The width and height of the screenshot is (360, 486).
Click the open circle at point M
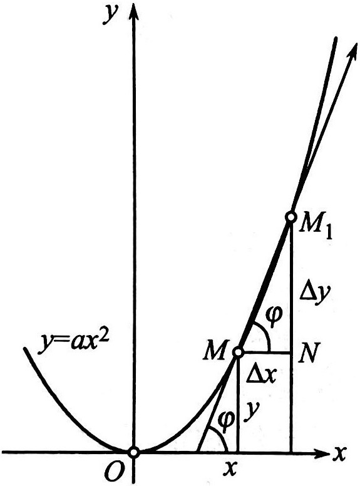pyautogui.click(x=238, y=352)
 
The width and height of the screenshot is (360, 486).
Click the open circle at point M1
pyautogui.click(x=291, y=217)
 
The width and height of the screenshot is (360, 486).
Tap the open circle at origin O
pyautogui.click(x=134, y=452)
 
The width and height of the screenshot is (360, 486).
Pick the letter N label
pyautogui.click(x=308, y=353)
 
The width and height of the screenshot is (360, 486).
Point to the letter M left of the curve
pyautogui.click(x=216, y=350)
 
